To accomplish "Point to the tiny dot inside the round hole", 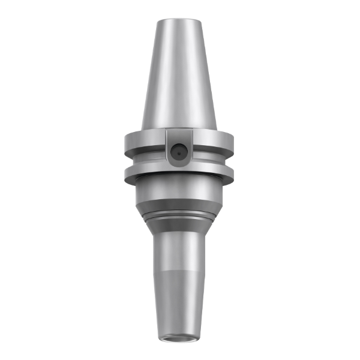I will coord(178,154).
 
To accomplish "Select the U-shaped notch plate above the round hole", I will coord(178,136).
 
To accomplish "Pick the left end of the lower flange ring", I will coord(127,174).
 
